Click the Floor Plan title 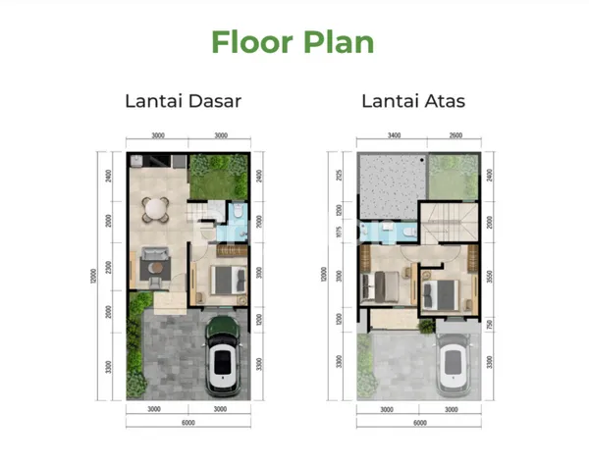point(294,42)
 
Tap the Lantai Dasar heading point(183,101)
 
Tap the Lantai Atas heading point(413,101)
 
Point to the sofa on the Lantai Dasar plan point(153,261)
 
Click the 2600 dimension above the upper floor point(456,136)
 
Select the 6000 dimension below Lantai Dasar point(188,424)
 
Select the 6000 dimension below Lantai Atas point(420,424)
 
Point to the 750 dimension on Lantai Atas point(489,325)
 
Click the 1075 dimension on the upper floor point(339,233)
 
